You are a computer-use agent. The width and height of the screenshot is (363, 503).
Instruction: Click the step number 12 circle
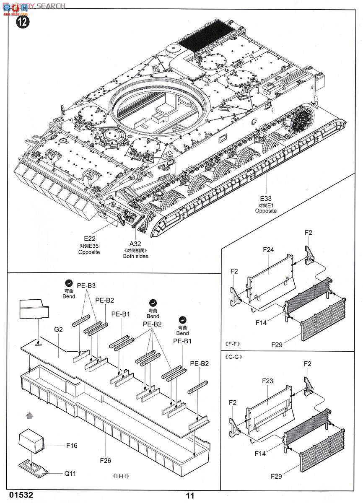click(23, 22)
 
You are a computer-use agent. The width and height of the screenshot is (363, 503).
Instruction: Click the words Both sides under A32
click(135, 256)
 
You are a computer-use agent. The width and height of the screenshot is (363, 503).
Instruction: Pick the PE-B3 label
click(86, 285)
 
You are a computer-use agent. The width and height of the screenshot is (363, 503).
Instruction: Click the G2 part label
click(58, 329)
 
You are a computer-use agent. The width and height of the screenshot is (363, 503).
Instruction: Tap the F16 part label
click(72, 446)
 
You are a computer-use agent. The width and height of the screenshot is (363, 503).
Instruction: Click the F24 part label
click(268, 249)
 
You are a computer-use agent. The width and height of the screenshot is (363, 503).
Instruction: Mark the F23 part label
click(267, 381)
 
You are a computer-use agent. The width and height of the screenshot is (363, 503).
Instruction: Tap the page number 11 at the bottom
click(190, 496)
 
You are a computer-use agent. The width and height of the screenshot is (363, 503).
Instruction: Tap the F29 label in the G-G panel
click(276, 476)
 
